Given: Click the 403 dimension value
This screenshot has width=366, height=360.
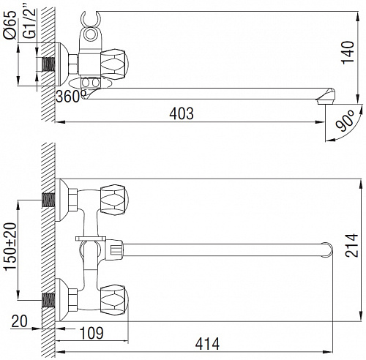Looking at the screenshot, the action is coord(182,113).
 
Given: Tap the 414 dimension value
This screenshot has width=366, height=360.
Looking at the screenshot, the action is coord(207,344).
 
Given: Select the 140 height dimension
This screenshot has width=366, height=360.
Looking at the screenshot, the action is coord(348,53).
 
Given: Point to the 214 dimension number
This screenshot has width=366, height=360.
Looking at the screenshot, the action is coord(351,245).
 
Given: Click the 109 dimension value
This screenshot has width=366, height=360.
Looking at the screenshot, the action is coord(91,333).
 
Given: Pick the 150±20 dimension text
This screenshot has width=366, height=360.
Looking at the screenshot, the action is coord(11,247).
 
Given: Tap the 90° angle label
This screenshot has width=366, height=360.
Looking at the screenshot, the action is coord(346,121).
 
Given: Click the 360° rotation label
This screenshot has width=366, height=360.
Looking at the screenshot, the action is coord(71,96).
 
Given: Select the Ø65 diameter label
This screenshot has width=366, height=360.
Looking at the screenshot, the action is coord(10,24).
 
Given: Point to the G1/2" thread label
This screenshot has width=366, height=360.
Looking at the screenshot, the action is coord(29,23).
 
